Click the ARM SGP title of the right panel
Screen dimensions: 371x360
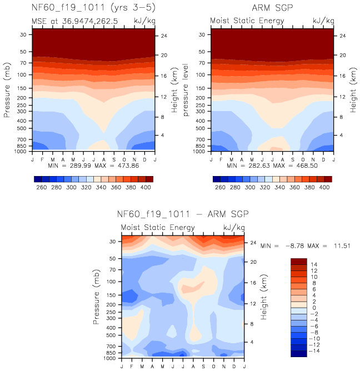(272, 9)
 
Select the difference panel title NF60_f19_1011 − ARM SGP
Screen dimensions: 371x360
(183, 214)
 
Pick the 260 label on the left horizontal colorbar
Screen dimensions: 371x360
(41, 188)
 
